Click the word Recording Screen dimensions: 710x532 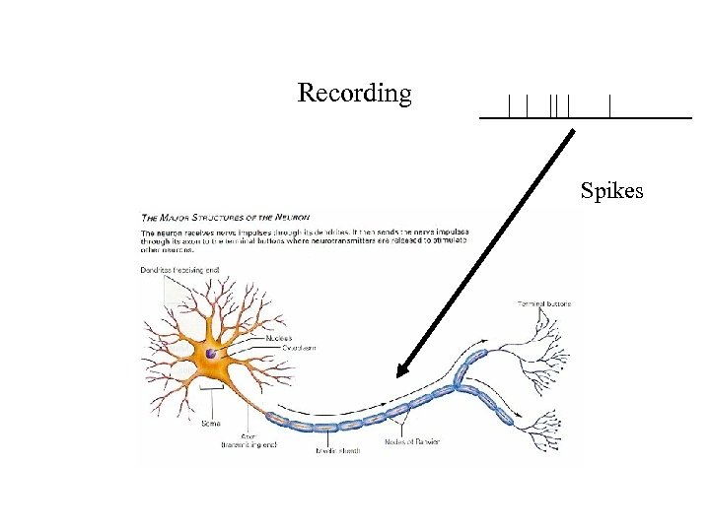pos(354,94)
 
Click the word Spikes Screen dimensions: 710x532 pos(611,189)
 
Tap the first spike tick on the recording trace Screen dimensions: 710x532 pos(509,105)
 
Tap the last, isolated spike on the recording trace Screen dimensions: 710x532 pos(611,105)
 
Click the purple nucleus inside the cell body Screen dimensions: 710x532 pos(211,353)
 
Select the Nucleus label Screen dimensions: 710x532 pos(279,338)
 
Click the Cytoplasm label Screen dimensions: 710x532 pos(283,348)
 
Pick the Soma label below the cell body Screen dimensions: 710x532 pos(210,424)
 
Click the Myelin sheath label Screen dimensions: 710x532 pos(338,450)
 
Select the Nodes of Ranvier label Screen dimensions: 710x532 pos(413,441)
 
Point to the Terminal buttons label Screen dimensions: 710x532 pos(543,303)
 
